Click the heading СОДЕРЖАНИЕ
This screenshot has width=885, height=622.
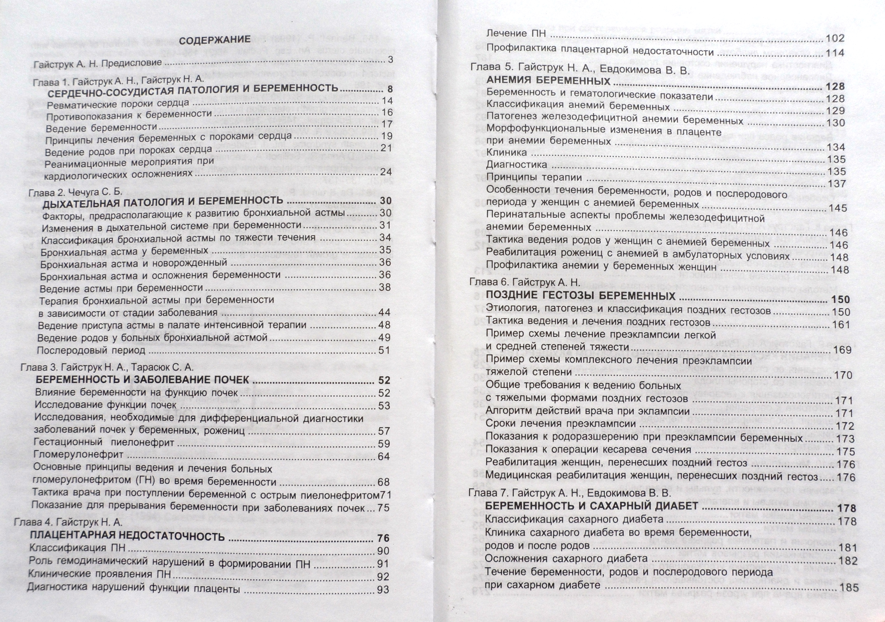[215, 40]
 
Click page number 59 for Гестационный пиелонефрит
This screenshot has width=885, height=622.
[384, 444]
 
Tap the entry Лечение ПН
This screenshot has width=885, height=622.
[516, 34]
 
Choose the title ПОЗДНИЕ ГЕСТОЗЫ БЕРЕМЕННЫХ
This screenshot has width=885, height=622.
[581, 296]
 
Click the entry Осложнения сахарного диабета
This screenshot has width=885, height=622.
[566, 559]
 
